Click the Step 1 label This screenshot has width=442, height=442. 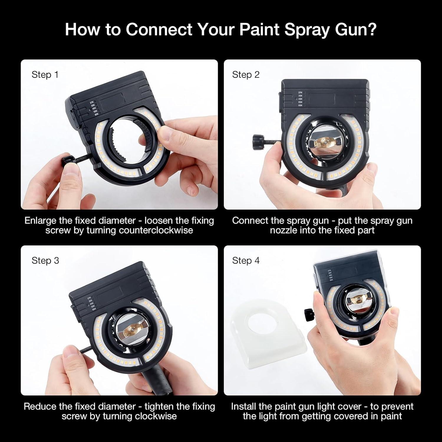[45, 75]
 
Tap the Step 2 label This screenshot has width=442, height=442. [246, 75]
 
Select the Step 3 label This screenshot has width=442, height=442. [45, 260]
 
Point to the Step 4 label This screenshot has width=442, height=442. [246, 260]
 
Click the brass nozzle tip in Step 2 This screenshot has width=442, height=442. [323, 144]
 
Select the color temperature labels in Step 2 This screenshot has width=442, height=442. [300, 99]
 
